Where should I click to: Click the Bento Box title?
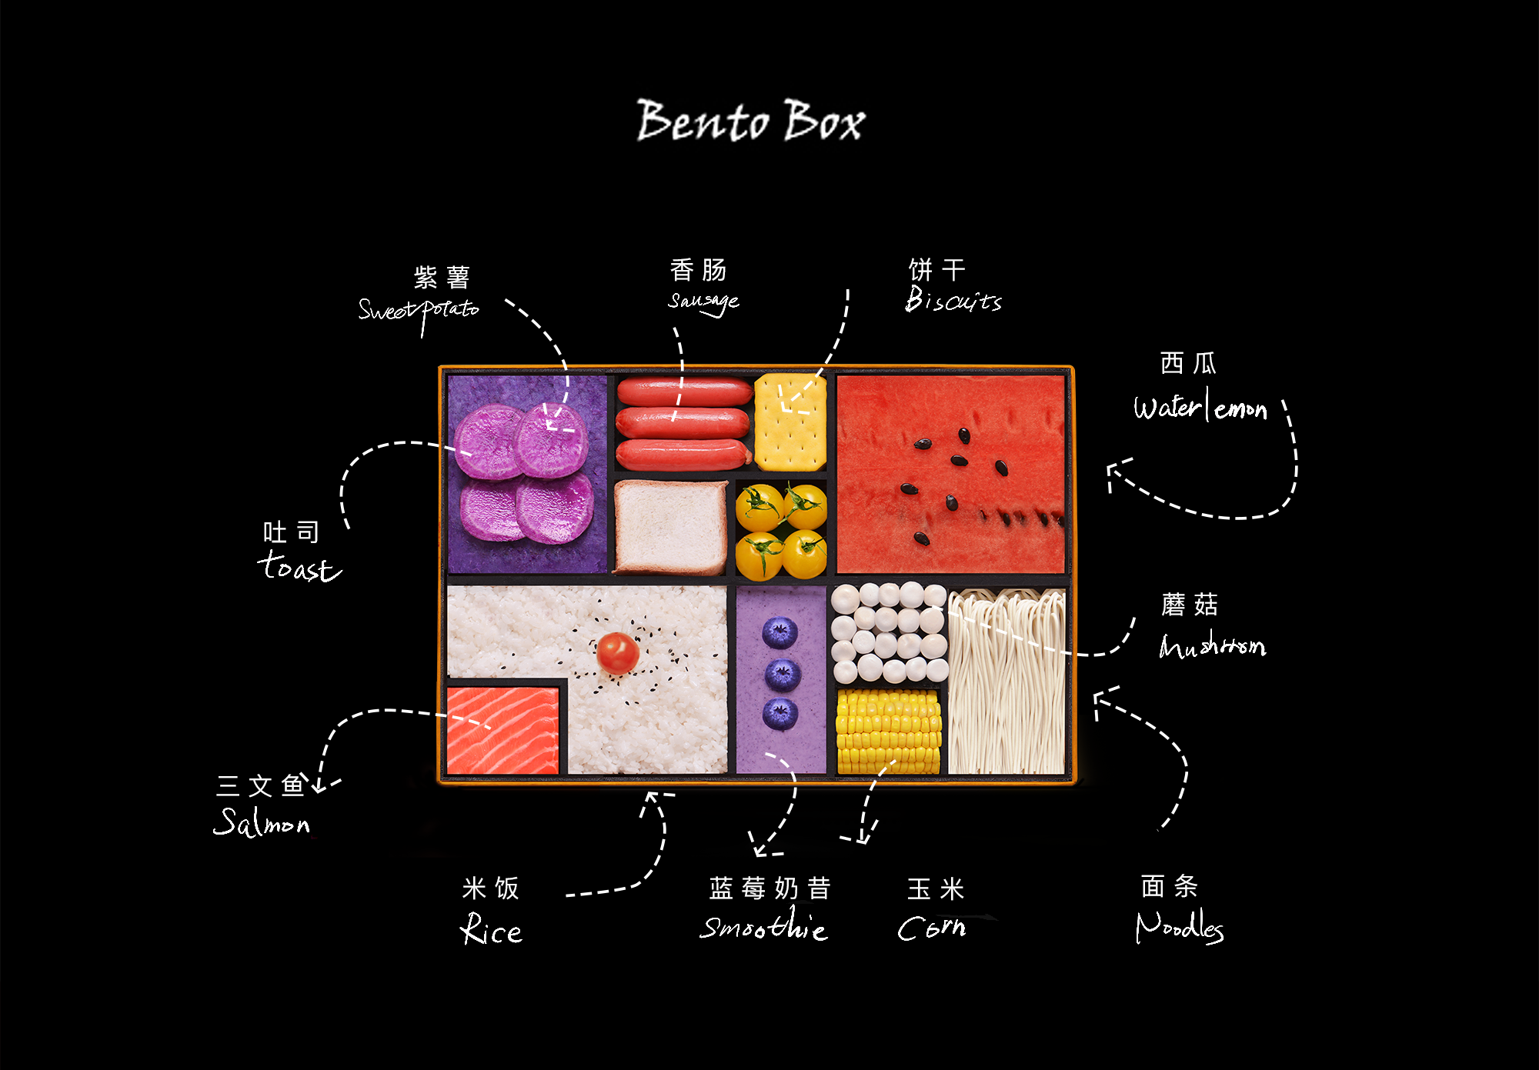[x=750, y=122]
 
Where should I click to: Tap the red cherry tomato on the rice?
[x=618, y=652]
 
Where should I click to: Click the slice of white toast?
[x=670, y=527]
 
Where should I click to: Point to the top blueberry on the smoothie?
[x=780, y=633]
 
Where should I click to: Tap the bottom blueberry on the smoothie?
[x=780, y=713]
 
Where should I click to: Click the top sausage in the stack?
[x=684, y=392]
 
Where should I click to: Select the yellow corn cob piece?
[x=888, y=731]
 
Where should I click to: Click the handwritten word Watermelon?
[x=1200, y=407]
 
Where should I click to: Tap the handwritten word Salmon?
[x=262, y=822]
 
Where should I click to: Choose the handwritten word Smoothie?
[x=764, y=927]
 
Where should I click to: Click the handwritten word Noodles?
[x=1179, y=926]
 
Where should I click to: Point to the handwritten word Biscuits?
[x=953, y=300]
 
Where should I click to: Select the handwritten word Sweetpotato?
[x=419, y=310]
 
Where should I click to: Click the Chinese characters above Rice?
[x=491, y=888]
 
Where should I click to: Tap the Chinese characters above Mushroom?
[x=1190, y=605]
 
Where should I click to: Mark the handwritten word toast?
[x=299, y=567]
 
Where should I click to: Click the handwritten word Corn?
[x=932, y=928]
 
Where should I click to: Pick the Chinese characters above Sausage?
[x=699, y=270]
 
